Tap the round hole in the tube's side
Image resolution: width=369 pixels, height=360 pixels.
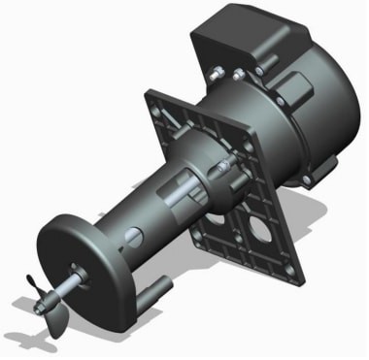pos(136,234)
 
